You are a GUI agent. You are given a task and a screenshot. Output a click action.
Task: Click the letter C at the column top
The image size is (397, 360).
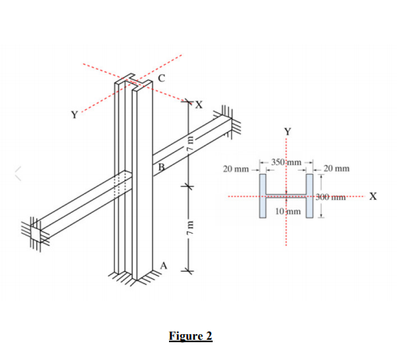click(x=160, y=78)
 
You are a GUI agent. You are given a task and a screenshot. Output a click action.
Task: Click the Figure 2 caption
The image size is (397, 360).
click(x=190, y=336)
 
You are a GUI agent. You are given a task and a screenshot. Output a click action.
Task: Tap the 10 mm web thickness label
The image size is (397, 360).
click(x=288, y=211)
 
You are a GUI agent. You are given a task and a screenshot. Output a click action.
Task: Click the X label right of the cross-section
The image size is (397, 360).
click(x=373, y=196)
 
